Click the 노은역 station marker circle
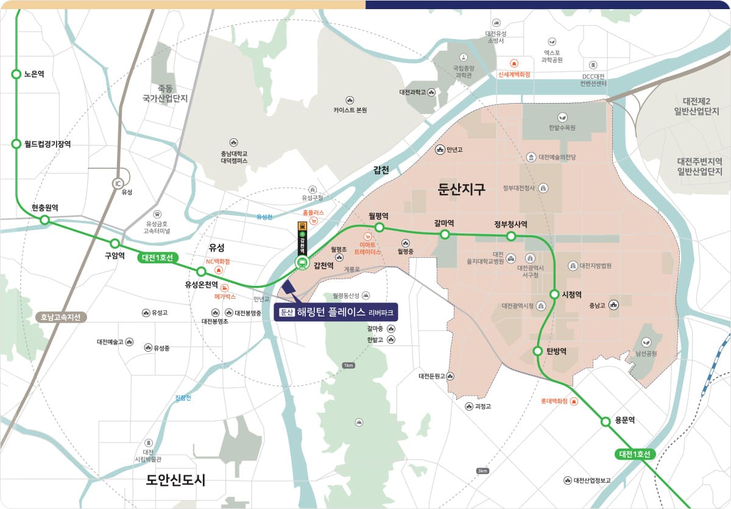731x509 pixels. (x=16, y=74)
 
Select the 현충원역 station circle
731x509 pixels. (x=44, y=219)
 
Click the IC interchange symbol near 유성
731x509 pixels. (x=118, y=183)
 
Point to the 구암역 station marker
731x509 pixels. (x=115, y=244)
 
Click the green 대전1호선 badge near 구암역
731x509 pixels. (x=157, y=257)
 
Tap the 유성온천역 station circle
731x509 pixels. (x=201, y=271)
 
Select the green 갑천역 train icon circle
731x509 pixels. (x=302, y=263)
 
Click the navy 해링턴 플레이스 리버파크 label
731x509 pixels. (x=336, y=312)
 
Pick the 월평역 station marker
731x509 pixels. (x=379, y=227)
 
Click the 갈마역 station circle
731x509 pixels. (x=445, y=234)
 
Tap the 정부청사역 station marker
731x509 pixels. (x=511, y=235)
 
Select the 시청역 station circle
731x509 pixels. (x=554, y=294)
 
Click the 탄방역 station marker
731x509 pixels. (x=538, y=351)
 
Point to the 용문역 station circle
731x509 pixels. (x=606, y=421)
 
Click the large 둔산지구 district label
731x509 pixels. (x=462, y=189)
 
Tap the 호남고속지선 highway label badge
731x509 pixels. (x=61, y=317)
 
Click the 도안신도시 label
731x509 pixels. (x=175, y=480)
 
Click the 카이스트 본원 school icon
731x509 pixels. (x=350, y=100)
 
